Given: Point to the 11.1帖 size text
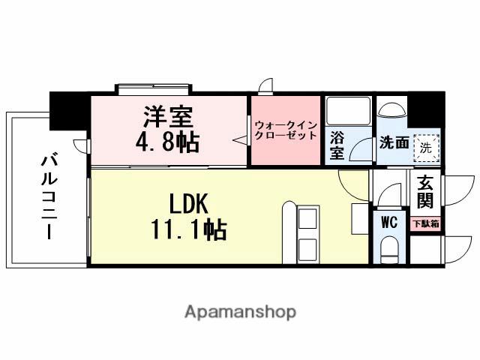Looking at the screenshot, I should point(188,228).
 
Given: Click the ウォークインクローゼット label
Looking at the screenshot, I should point(284,130).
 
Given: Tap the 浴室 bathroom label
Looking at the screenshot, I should point(337,145).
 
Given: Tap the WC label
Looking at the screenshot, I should point(388,222).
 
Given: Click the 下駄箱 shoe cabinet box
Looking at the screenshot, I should point(426,223).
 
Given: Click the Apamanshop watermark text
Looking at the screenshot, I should point(240,311).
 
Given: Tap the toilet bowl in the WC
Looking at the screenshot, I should point(388,250).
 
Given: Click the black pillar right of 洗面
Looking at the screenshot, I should point(425,109).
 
